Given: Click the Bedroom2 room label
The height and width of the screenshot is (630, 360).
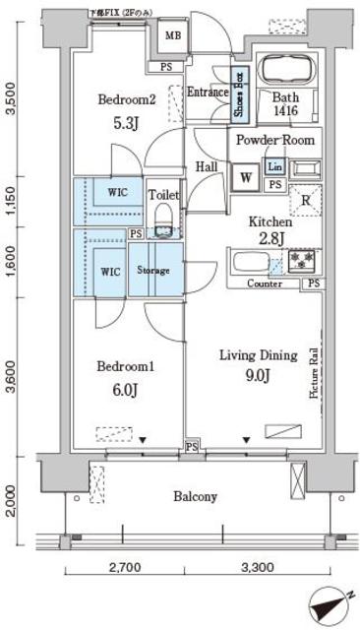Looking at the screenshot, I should (127, 100).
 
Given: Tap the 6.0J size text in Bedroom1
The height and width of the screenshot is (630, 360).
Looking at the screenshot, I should (126, 389).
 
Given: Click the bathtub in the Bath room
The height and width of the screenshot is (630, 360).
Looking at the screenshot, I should (285, 73).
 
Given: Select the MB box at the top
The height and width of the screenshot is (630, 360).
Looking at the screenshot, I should (171, 37).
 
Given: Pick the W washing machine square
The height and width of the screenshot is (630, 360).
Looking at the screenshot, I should (245, 177).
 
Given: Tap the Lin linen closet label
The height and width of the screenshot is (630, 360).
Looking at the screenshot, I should (274, 166).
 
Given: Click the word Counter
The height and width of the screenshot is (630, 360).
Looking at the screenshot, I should (265, 284).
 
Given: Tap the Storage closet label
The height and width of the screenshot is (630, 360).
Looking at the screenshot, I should (153, 270).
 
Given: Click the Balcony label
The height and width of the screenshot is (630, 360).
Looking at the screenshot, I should (196, 496).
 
